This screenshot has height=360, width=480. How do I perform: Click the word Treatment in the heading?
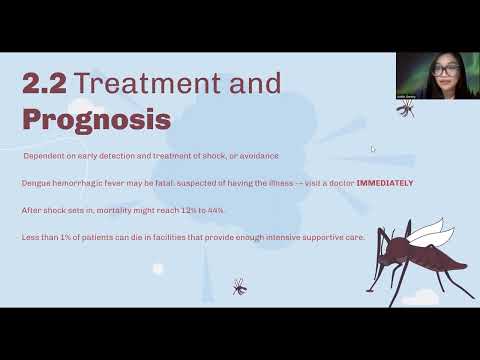pyautogui.click(x=150, y=83)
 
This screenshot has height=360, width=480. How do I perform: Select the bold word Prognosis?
pyautogui.click(x=96, y=119)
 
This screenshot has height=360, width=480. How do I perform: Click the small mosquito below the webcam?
pyautogui.click(x=406, y=107)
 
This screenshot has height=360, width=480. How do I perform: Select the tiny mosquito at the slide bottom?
pyautogui.click(x=239, y=286)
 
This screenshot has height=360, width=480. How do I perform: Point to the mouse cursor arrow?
pyautogui.click(x=373, y=150)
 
